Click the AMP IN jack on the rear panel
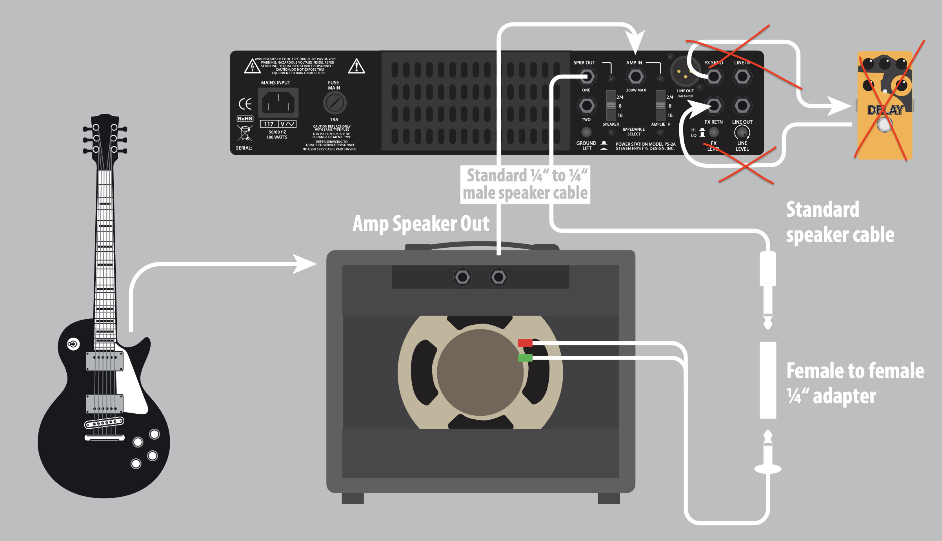point(636,77)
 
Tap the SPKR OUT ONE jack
point(587,77)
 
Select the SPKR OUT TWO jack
point(587,106)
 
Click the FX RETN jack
point(713,106)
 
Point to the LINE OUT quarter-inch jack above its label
point(742,106)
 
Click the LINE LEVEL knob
point(742,133)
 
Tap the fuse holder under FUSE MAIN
point(335,103)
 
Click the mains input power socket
point(278,103)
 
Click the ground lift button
point(586,132)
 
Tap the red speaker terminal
point(525,343)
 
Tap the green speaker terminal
point(525,358)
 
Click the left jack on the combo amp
point(462,277)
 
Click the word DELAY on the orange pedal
point(885,110)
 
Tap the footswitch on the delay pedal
point(884,125)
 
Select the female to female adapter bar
point(768,380)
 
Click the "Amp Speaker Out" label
point(421,224)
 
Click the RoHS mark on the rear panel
point(245,119)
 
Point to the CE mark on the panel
point(245,104)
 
